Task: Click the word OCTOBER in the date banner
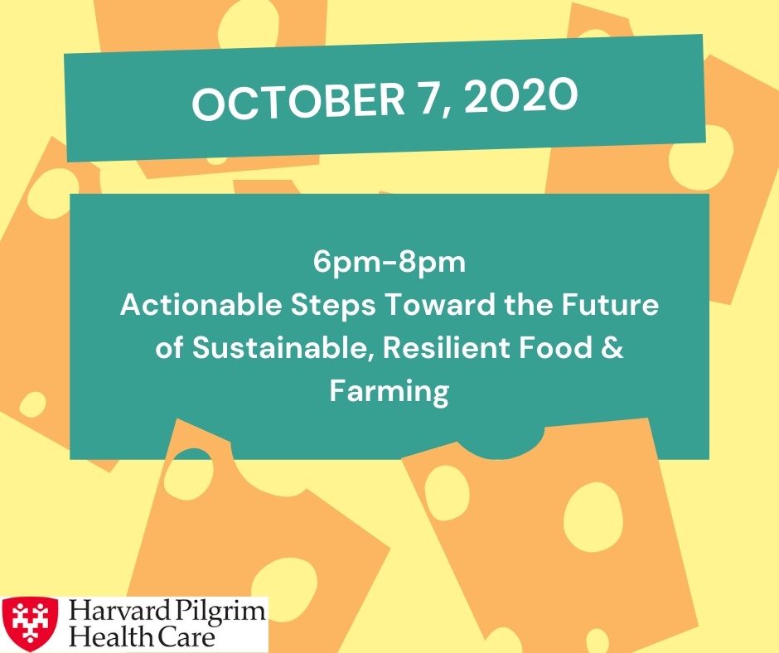298,101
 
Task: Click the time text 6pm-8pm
389,263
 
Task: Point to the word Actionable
201,304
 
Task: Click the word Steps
333,306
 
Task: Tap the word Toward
440,304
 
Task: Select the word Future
610,304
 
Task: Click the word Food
555,347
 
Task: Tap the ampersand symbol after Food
612,347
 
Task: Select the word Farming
389,392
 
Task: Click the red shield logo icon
30,624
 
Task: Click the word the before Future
529,304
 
